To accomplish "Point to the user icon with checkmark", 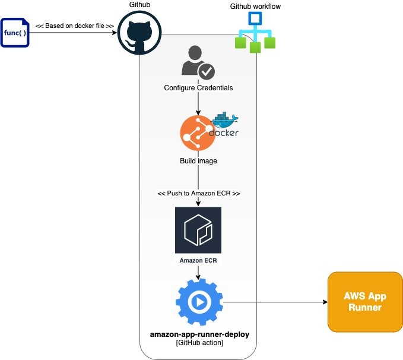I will [198, 64].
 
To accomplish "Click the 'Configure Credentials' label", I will [198, 88].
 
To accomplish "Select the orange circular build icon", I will [197, 134].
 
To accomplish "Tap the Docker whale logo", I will [224, 125].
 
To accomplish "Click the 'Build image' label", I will [198, 161].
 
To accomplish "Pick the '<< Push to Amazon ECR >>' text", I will [198, 194].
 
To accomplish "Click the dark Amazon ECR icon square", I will [198, 230].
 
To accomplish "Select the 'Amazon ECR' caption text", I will [198, 260].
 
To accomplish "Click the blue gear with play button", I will [199, 302].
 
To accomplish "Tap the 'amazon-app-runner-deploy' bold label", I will [199, 334].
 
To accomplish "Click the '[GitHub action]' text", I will [199, 343].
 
